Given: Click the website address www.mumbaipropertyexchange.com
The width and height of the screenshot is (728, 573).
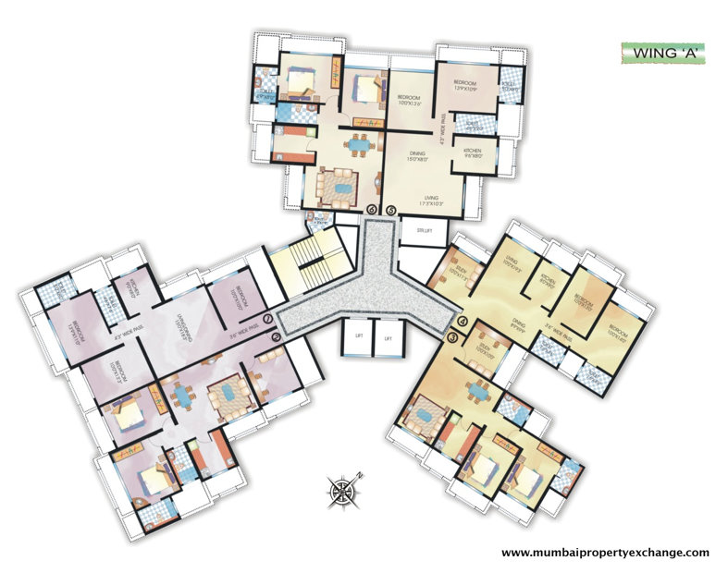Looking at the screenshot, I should click(605, 553).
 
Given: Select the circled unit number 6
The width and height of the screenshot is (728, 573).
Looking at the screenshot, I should click(371, 210).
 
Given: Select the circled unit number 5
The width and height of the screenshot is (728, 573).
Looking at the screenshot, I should click(391, 210).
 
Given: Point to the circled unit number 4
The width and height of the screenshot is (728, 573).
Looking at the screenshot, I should click(463, 322).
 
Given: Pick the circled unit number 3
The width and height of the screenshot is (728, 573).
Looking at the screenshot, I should click(452, 338).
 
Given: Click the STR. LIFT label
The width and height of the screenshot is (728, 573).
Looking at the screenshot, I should click(426, 230).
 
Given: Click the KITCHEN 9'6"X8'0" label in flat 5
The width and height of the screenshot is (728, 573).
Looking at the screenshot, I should click(474, 152).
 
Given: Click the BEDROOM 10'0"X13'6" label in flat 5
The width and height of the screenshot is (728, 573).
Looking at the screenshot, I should click(410, 100).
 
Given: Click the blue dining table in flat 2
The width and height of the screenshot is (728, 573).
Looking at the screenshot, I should click(183, 396).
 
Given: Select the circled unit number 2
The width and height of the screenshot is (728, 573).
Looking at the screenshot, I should click(275, 337).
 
